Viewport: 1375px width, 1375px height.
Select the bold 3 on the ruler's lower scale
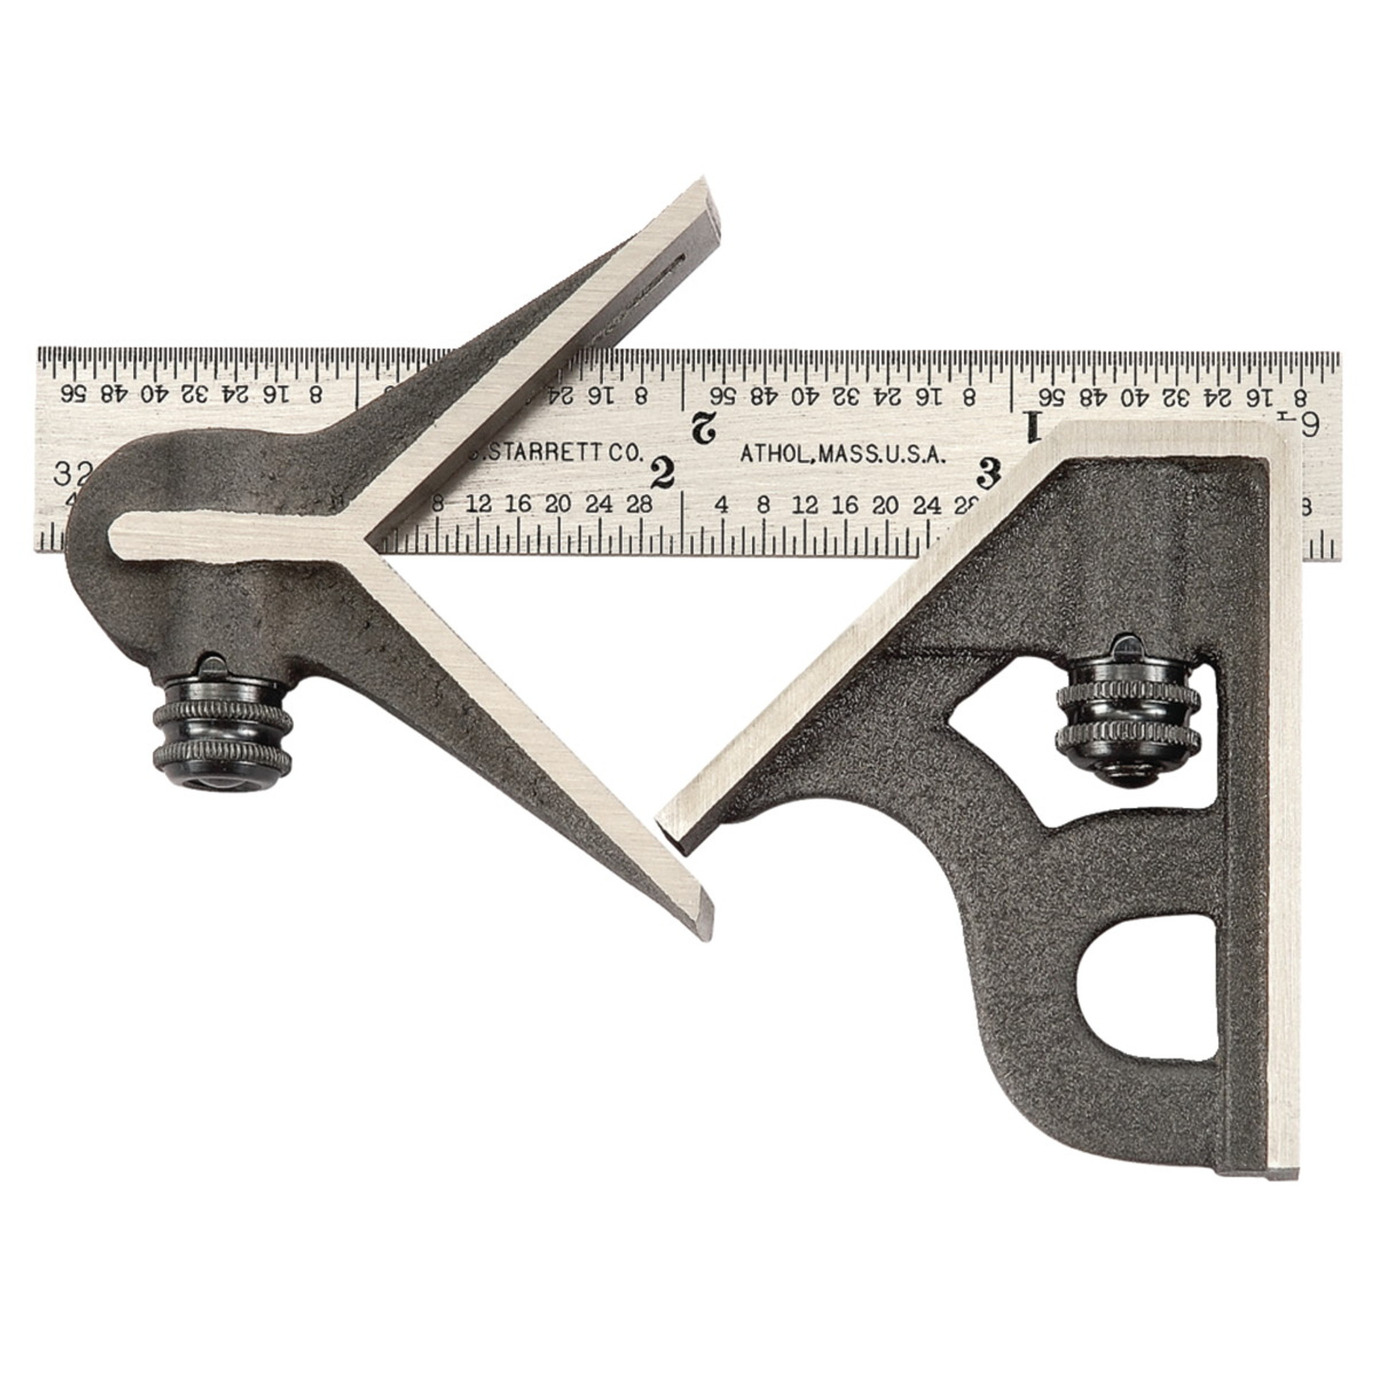coord(989,472)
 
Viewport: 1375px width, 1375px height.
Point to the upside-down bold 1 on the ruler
coord(1033,427)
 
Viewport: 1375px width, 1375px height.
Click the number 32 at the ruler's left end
coord(70,473)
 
